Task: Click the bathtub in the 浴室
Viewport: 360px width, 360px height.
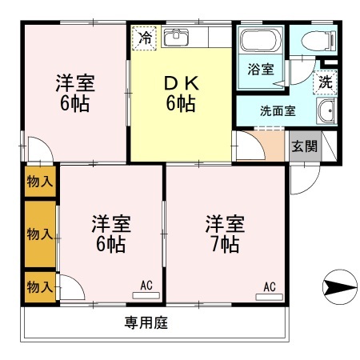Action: tap(261, 41)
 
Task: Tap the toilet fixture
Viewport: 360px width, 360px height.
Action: tap(318, 41)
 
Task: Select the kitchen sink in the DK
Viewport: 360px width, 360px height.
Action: tap(176, 37)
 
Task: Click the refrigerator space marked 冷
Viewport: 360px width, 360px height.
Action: tap(144, 38)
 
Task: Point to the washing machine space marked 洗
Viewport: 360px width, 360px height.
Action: tap(325, 82)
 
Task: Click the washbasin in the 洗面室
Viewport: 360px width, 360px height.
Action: tap(326, 111)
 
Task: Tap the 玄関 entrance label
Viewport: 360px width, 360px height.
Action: tap(304, 146)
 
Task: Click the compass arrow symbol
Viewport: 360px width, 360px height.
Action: tap(340, 287)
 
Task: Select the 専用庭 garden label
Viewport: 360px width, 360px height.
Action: tap(146, 322)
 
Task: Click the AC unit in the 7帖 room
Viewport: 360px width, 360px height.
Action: tap(269, 297)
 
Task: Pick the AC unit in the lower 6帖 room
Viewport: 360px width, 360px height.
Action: tap(146, 295)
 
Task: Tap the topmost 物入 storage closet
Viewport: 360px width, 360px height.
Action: tap(40, 182)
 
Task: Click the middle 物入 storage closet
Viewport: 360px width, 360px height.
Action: tap(40, 234)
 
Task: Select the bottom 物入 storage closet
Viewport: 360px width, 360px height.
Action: tap(40, 287)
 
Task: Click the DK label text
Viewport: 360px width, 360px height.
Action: tap(182, 83)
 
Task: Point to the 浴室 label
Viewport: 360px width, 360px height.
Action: tap(261, 69)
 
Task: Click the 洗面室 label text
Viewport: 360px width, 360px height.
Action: tap(278, 111)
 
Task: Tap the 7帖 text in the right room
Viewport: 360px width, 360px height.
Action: tap(226, 245)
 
